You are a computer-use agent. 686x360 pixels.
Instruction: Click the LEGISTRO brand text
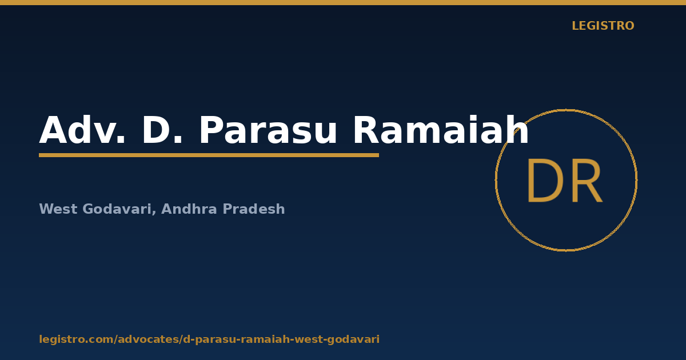tap(603, 26)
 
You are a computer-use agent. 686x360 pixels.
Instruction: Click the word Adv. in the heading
tap(82, 130)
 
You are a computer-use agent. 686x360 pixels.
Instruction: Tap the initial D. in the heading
tap(162, 130)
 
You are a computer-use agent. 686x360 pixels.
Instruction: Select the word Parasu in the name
tap(268, 130)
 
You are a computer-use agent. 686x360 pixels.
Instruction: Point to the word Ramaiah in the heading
tap(441, 130)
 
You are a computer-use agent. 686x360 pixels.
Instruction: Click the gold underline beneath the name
tap(209, 155)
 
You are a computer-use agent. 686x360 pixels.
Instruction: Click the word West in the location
tap(58, 209)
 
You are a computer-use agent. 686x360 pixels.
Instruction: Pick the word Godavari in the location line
tap(117, 209)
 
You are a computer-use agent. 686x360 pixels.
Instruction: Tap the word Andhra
tap(189, 209)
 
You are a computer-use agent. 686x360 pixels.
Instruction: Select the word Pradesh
tap(254, 209)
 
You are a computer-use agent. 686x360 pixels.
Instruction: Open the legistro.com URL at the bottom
tap(209, 339)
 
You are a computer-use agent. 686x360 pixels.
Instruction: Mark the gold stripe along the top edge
tap(343, 2)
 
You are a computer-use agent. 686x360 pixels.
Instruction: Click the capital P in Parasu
tap(212, 130)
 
